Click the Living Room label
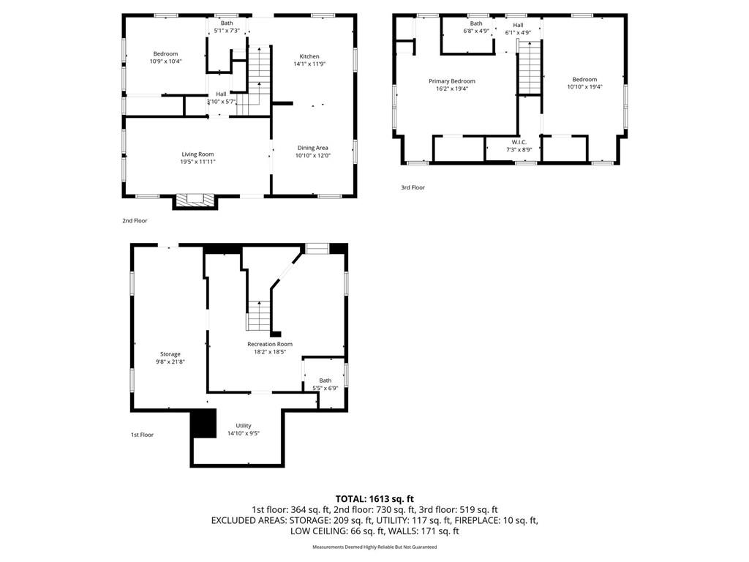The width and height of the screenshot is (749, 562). [x=197, y=154]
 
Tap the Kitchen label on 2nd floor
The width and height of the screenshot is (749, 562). [x=309, y=56]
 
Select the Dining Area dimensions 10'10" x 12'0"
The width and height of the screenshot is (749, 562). [x=313, y=155]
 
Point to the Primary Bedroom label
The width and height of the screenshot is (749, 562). [x=452, y=81]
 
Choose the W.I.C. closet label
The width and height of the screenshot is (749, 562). [x=519, y=143]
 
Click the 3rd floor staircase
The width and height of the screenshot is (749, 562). [x=530, y=67]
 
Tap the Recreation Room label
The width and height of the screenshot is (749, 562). [x=270, y=344]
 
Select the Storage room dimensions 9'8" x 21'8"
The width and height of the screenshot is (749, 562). [x=170, y=361]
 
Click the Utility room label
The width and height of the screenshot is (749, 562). [x=244, y=426]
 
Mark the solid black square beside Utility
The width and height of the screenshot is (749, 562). [x=203, y=424]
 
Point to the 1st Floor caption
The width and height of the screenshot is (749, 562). [x=143, y=435]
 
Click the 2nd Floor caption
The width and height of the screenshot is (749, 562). [x=135, y=221]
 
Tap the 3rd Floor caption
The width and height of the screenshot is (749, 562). [x=413, y=188]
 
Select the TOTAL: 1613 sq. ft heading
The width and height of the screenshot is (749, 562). [x=374, y=500]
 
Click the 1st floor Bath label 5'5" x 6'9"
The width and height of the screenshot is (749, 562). [x=325, y=384]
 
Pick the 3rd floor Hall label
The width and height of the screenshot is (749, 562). [x=519, y=26]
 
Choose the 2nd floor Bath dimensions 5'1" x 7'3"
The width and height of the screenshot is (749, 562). [x=227, y=31]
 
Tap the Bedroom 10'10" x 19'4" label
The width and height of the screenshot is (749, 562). [x=584, y=83]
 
